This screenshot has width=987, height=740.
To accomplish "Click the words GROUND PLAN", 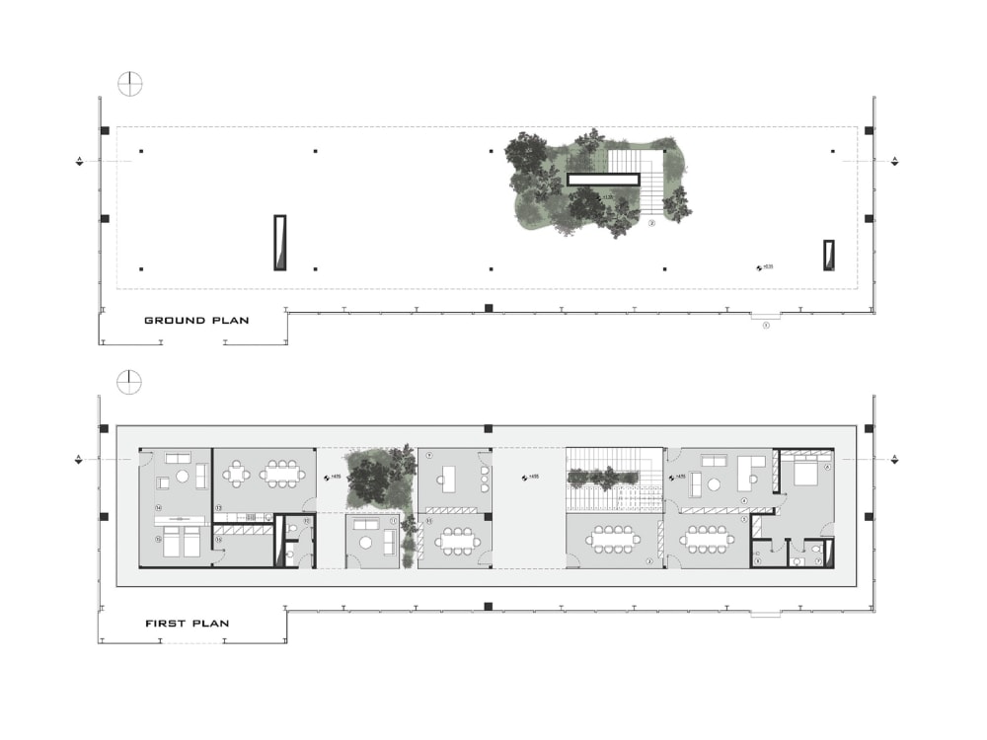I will (x=196, y=320).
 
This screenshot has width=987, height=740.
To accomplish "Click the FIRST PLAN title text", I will (x=187, y=623).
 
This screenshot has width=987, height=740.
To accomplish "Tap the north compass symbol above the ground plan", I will (x=129, y=84).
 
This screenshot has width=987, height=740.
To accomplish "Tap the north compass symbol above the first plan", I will (x=129, y=381).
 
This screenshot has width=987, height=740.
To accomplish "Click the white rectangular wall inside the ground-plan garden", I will (x=602, y=180).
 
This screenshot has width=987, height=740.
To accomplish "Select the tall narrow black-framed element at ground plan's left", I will (x=280, y=242).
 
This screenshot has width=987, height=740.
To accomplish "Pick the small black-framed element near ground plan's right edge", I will (x=829, y=255).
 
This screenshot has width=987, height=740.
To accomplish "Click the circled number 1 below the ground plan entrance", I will (x=765, y=329).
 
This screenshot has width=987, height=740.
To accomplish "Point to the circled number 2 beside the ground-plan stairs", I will (x=651, y=224).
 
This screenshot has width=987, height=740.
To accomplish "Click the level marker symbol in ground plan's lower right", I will (x=758, y=266).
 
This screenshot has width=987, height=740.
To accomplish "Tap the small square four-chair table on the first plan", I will (x=237, y=474).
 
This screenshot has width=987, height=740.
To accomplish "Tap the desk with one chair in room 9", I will (x=449, y=479).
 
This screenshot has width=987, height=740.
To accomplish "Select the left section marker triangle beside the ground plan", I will (x=80, y=162).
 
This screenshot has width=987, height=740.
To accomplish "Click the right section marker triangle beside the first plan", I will (x=894, y=459).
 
